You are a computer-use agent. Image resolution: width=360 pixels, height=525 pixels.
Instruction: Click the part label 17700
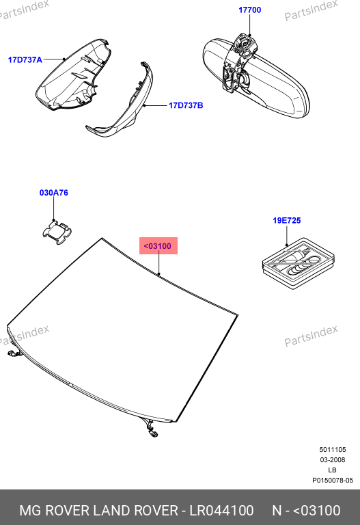[x=249, y=10]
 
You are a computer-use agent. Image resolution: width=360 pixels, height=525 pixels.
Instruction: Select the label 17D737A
[x=25, y=60]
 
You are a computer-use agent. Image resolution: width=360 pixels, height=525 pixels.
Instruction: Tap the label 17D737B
[x=186, y=105]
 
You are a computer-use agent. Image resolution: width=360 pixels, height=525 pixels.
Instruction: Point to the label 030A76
[x=53, y=193]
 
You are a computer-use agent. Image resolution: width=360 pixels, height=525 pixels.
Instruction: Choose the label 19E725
[x=287, y=221]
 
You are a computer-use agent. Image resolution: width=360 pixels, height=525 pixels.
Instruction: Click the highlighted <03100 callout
[x=158, y=246]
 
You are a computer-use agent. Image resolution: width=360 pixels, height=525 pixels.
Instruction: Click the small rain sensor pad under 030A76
[x=57, y=232]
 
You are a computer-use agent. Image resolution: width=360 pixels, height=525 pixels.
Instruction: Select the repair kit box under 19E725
[x=299, y=263]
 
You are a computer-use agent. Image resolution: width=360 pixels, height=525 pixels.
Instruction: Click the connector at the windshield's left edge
[x=14, y=352]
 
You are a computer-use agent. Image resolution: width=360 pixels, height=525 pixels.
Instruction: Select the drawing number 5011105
[x=332, y=450]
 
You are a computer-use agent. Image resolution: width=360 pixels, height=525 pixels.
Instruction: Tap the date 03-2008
[x=332, y=459]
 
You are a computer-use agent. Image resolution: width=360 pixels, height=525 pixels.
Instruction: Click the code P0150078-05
[x=333, y=481]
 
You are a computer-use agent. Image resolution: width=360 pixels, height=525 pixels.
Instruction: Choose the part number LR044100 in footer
[x=221, y=511]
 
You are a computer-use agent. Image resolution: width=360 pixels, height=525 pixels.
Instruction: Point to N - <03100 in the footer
[x=306, y=511]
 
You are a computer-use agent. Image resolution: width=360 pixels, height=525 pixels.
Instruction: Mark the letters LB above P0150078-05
[x=332, y=470]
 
